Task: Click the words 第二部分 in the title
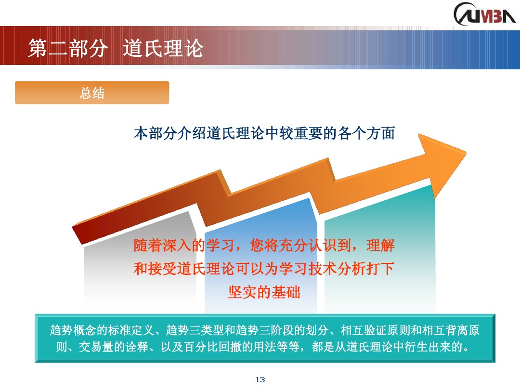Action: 66,49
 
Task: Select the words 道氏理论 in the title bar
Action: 164,49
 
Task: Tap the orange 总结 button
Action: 92,92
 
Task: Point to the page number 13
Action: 260,380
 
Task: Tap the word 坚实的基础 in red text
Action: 264,292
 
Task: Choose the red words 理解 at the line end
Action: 380,246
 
